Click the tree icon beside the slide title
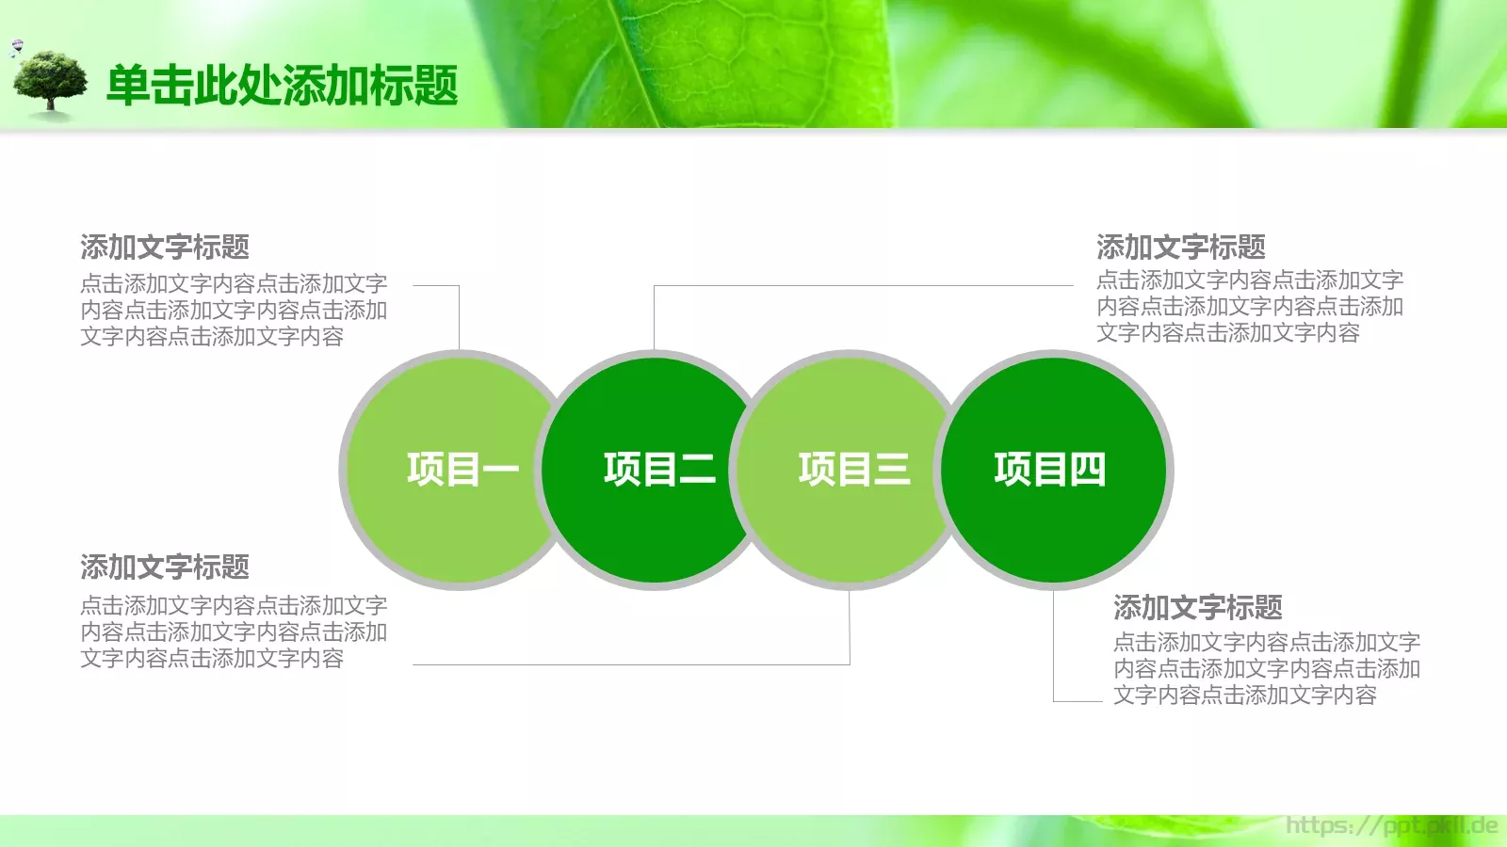[50, 83]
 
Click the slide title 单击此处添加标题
[282, 86]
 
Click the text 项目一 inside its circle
[462, 469]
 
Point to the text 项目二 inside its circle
[659, 469]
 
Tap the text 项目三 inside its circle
[854, 469]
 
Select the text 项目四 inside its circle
[1049, 469]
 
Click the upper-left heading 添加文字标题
[165, 248]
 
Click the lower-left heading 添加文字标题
[165, 567]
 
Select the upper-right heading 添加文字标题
[1181, 248]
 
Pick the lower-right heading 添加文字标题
[1198, 608]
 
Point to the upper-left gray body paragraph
[233, 310]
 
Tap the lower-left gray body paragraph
[233, 631]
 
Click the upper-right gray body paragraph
[1249, 306]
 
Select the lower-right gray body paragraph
[1266, 668]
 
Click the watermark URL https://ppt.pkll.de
[1391, 826]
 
